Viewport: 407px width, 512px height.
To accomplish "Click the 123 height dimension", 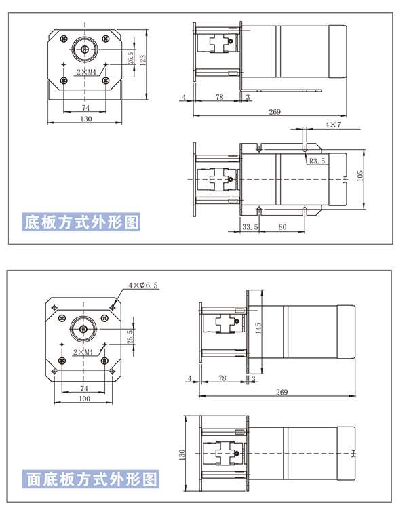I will pos(142,60).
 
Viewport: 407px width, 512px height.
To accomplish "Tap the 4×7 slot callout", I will pos(332,125).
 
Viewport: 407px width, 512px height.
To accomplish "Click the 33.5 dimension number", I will pos(250,227).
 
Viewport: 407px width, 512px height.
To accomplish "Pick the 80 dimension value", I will pos(282,227).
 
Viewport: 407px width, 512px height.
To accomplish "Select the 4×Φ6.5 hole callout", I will pos(143,285).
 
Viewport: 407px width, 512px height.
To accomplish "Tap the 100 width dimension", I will pos(84,399).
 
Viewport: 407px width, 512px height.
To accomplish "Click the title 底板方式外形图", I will pos(81,222).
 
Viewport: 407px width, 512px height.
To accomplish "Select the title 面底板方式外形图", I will pos(92,479).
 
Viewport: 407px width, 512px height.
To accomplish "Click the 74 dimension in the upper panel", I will pos(85,108).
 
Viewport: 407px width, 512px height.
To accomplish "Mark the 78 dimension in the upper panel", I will pos(219,98).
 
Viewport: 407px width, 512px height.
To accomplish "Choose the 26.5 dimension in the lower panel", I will pos(130,336).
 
